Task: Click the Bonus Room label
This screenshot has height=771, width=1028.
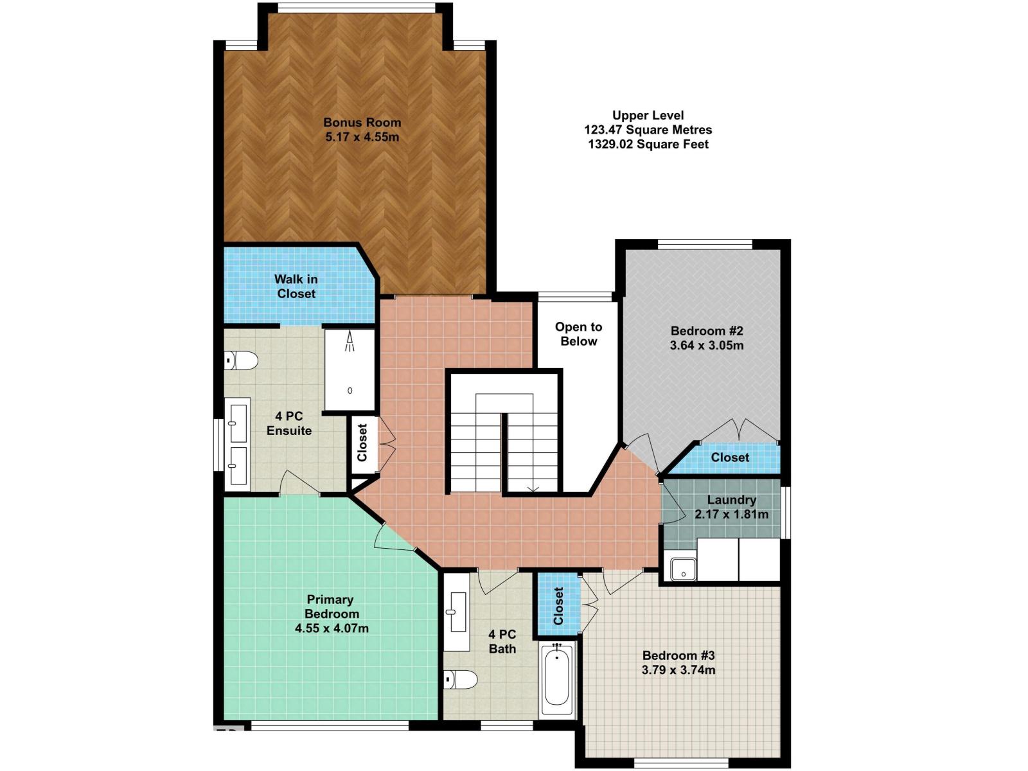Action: click(x=362, y=123)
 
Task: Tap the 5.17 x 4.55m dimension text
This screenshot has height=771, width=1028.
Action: click(x=362, y=137)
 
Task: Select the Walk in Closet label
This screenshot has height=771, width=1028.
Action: click(x=296, y=286)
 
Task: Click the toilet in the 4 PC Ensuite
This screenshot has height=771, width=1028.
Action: click(x=241, y=361)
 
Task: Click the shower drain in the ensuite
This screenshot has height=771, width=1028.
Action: click(x=350, y=391)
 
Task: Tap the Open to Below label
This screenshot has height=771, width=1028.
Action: click(x=578, y=333)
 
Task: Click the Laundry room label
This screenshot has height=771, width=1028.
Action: click(x=731, y=500)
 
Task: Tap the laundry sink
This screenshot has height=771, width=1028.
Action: click(x=684, y=569)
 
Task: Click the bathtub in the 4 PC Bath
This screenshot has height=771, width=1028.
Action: click(x=557, y=679)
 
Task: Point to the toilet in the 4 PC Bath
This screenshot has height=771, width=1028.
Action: click(x=461, y=679)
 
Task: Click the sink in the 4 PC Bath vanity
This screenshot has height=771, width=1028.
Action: click(x=457, y=611)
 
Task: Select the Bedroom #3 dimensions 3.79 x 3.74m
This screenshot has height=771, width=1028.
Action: click(x=678, y=670)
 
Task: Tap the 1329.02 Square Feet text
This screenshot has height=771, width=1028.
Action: click(x=648, y=144)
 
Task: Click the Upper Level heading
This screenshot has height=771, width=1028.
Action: click(x=648, y=115)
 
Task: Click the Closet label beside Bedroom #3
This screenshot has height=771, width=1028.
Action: click(x=558, y=606)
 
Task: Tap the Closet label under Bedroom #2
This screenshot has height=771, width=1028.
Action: click(x=730, y=457)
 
